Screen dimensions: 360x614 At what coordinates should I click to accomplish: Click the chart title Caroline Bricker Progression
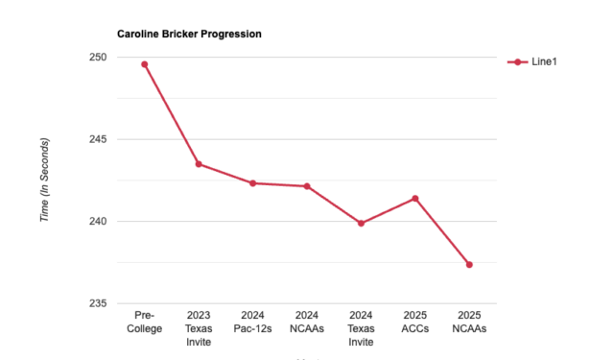click(189, 34)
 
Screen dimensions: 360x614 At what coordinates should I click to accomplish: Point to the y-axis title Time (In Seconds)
click(44, 180)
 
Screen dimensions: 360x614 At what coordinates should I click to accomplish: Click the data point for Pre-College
click(145, 64)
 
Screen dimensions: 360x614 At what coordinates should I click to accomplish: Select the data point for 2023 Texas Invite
click(199, 164)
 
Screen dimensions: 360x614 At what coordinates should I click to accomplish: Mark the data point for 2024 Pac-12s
click(253, 183)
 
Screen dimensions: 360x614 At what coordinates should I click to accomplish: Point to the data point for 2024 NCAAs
click(307, 186)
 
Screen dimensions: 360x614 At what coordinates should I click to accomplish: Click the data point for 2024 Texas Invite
click(361, 224)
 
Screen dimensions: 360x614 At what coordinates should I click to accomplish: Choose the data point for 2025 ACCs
click(415, 199)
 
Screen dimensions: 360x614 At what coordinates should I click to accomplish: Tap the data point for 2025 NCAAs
click(469, 264)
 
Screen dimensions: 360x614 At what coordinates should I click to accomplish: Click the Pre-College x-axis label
click(145, 322)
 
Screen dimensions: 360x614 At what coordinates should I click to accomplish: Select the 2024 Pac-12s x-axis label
click(253, 322)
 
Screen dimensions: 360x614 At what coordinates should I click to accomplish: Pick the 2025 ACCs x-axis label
click(415, 322)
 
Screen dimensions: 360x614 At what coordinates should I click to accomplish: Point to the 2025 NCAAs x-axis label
click(469, 322)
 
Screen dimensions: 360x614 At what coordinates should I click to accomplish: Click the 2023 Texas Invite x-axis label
click(199, 328)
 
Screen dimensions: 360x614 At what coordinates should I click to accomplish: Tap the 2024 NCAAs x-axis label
click(307, 322)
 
